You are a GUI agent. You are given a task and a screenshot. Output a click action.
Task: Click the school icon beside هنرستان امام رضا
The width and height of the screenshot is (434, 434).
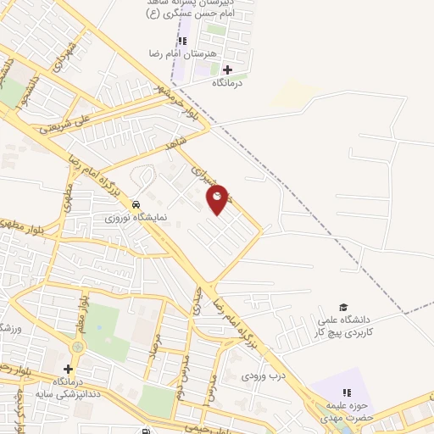click(x=181, y=41)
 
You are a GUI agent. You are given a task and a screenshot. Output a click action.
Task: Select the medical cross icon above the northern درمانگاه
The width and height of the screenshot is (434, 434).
click(x=227, y=70)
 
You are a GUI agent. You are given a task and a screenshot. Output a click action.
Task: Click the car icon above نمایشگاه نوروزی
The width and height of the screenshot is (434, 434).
click(x=136, y=204)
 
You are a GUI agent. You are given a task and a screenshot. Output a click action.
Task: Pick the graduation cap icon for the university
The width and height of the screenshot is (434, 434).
click(x=343, y=308)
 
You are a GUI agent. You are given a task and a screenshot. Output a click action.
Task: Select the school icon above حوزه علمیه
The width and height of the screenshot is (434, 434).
click(x=346, y=392)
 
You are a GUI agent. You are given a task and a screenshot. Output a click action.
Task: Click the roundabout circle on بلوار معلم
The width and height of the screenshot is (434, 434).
click(x=79, y=346)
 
